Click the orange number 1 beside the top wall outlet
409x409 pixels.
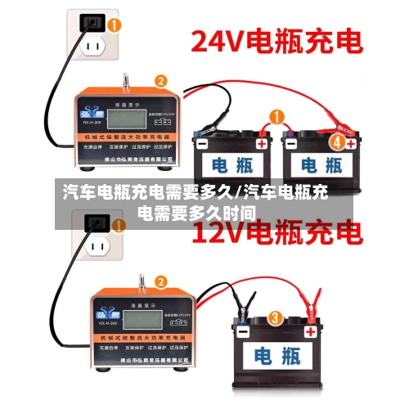tap(115, 25)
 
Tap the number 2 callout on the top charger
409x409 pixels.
tap(161, 81)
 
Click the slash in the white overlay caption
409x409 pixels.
tap(239, 193)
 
